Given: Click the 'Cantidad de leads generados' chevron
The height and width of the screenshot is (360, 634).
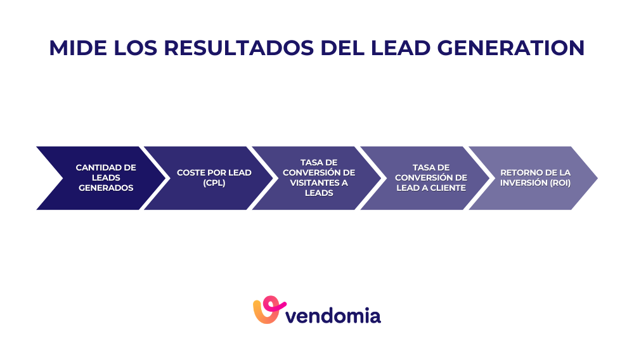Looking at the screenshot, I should (95, 178).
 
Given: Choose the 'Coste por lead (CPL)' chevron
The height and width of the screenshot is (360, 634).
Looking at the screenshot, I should (203, 178).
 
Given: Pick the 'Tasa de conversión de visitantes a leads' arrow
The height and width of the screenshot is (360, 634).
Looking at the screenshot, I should (311, 178).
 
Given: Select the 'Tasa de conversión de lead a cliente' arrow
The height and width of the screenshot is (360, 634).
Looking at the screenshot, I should (418, 178).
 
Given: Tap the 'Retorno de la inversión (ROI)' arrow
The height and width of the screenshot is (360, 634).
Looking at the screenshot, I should (529, 178).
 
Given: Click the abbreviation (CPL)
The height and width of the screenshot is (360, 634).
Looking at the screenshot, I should (214, 183).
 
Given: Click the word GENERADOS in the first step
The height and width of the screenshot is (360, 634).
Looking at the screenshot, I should (106, 188).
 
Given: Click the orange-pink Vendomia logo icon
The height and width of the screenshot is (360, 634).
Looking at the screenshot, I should (266, 310).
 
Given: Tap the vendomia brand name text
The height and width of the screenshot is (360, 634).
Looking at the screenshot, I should (334, 315).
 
